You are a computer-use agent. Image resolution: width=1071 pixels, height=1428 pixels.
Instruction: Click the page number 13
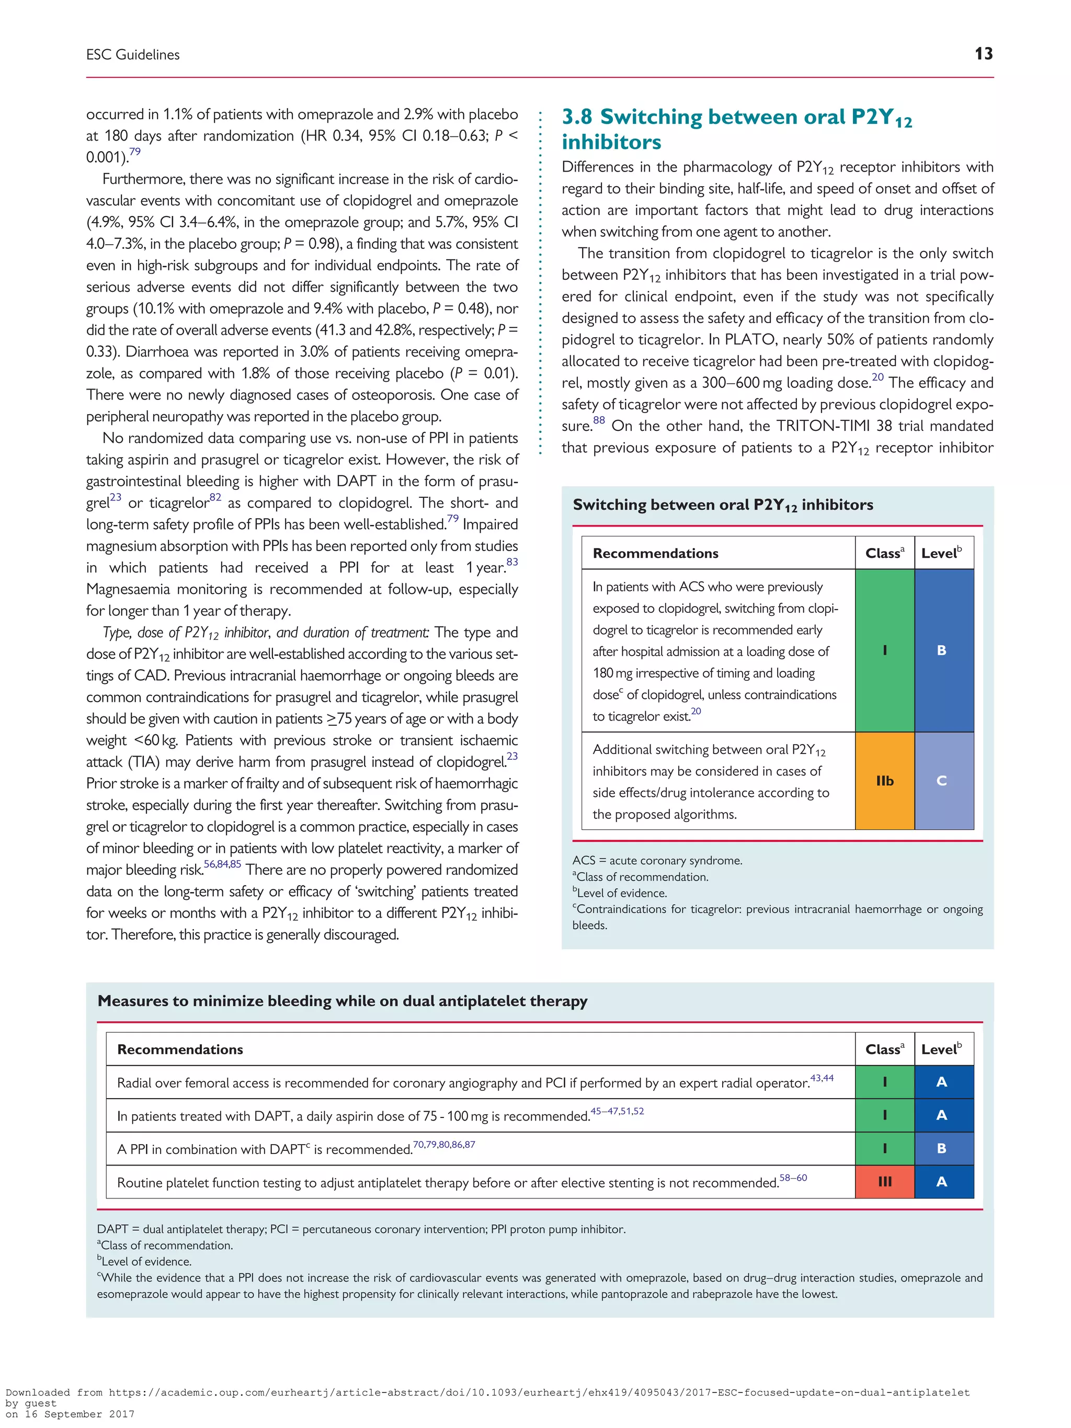983,54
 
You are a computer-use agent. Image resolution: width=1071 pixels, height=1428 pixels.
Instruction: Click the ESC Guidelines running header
133,55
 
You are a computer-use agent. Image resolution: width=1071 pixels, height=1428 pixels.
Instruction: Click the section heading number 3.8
576,117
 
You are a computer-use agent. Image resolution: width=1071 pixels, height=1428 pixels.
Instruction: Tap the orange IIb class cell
884,781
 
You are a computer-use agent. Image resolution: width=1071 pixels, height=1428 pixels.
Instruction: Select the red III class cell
884,1181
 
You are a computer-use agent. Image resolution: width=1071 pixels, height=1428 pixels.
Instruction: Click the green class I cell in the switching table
884,650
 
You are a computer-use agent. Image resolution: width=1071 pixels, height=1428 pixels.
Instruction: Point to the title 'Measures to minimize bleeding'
342,1001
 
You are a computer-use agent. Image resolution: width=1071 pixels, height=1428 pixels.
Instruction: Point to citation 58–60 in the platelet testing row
793,1178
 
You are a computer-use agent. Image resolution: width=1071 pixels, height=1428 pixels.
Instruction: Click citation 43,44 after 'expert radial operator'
822,1078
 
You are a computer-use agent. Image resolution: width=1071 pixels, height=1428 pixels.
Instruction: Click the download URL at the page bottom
539,1392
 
